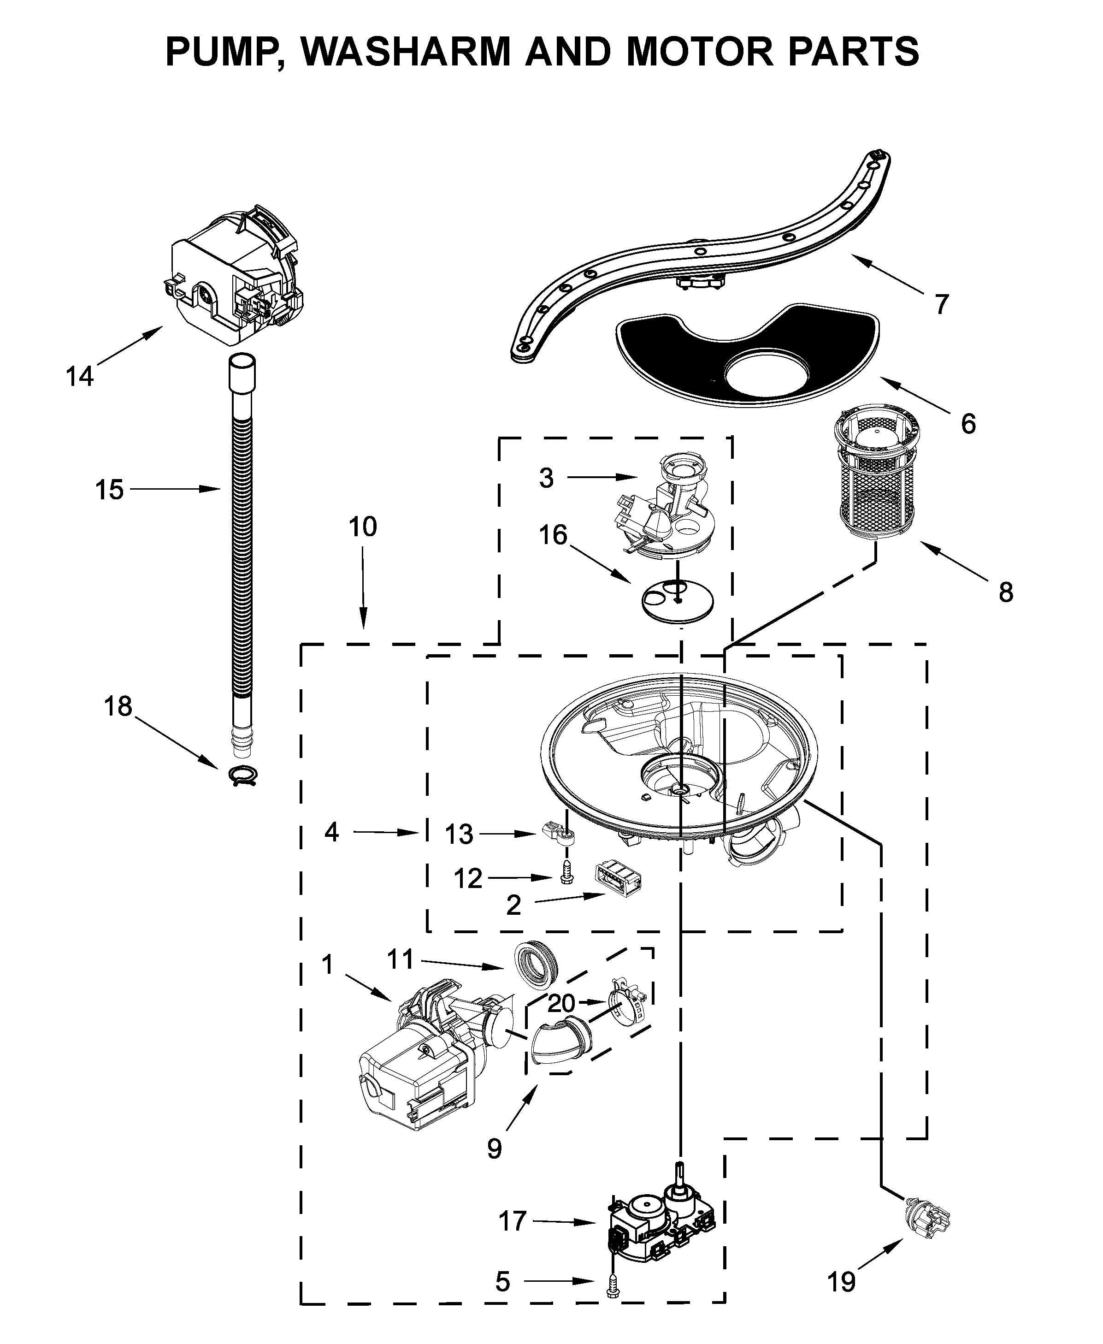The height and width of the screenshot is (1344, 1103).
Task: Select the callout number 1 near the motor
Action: (327, 965)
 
